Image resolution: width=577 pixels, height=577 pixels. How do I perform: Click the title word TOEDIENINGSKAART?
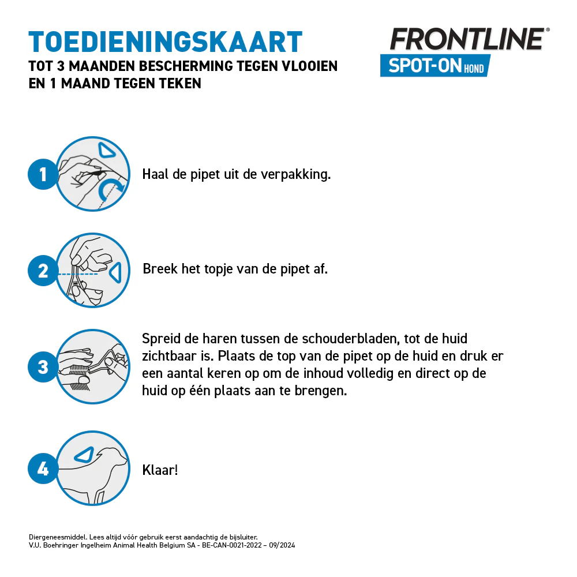coord(165,42)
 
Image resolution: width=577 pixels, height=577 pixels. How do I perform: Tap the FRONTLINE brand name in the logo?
coord(466,39)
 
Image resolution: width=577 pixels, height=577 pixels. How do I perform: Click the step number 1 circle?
coord(43,174)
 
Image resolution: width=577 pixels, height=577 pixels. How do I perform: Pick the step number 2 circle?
coord(43,271)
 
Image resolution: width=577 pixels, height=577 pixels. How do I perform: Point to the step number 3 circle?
coord(43,367)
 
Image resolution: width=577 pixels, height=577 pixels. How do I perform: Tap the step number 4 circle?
coord(43,469)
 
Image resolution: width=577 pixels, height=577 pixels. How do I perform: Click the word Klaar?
coord(160,470)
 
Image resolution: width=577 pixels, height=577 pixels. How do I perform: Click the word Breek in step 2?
coord(160,269)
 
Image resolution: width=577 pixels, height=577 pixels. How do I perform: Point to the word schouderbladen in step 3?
coord(352,339)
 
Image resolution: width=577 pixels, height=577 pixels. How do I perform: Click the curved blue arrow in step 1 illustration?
coord(111,188)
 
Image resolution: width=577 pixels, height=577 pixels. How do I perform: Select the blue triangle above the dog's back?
coord(85,454)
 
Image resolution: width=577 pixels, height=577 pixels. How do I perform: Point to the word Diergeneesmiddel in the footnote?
coord(57,537)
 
